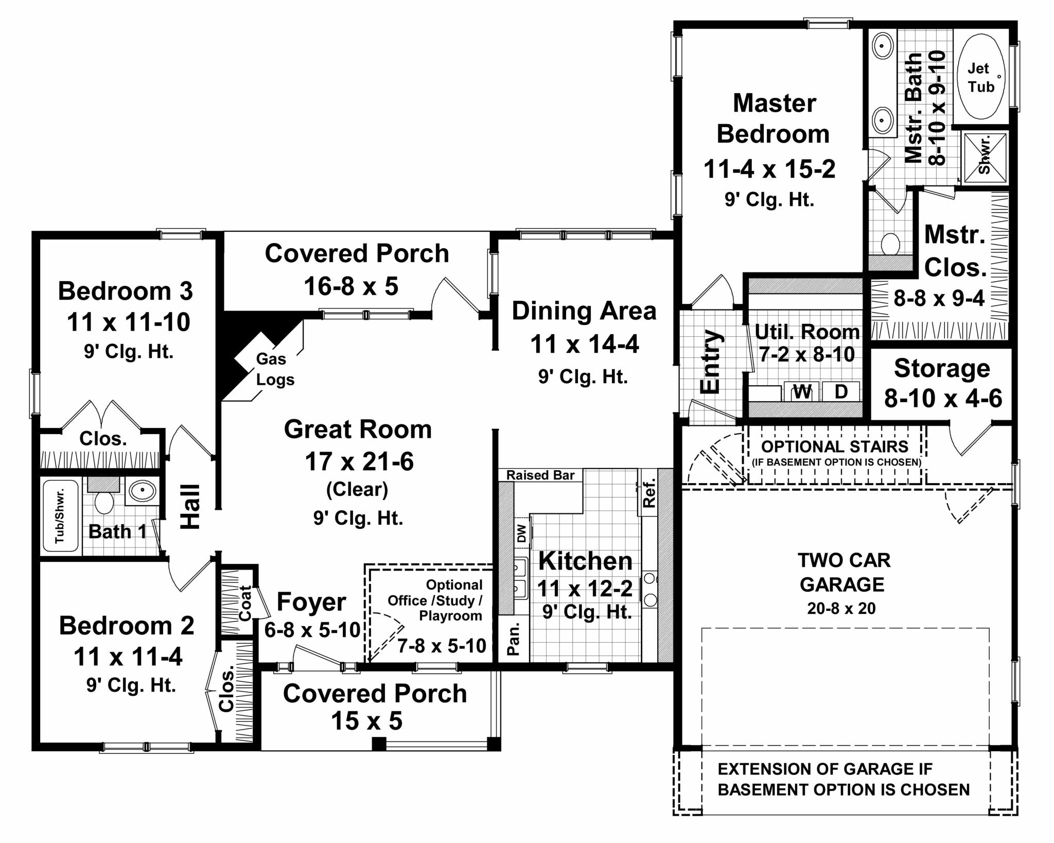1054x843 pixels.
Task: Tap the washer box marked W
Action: (x=802, y=392)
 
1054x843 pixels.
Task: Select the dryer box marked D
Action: (x=841, y=391)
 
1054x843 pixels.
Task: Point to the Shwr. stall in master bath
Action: (x=985, y=158)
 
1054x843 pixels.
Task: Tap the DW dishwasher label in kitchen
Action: (x=522, y=533)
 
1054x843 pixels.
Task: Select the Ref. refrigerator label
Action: (x=649, y=493)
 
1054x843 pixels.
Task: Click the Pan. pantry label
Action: (x=513, y=639)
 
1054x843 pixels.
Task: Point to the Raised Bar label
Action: (x=540, y=475)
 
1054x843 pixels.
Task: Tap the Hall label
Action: (x=190, y=506)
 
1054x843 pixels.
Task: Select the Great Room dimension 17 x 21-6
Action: (x=359, y=461)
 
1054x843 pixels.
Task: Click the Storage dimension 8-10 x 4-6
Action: (x=943, y=398)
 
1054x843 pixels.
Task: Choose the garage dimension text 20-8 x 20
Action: (x=841, y=608)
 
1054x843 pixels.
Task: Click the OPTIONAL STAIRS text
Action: (x=835, y=446)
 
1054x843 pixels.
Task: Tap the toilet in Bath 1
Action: (x=104, y=502)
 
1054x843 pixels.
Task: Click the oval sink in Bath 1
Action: (x=142, y=491)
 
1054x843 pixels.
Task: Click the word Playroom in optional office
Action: (x=450, y=616)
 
